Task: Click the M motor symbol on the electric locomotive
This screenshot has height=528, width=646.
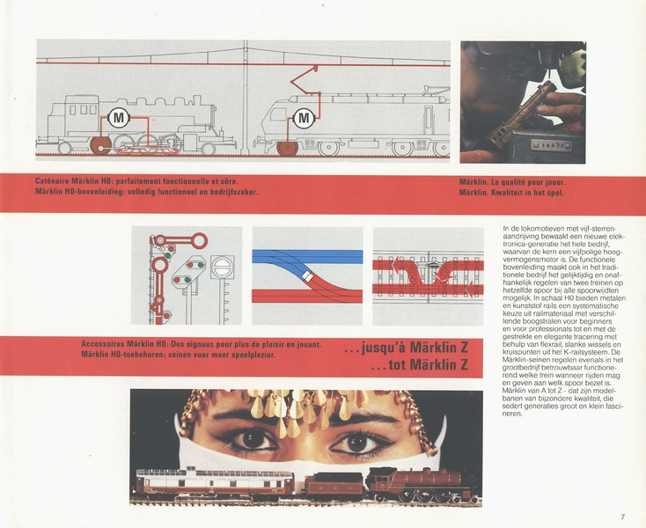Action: [x=305, y=117]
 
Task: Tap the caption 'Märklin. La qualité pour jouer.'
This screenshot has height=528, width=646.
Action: [x=511, y=183]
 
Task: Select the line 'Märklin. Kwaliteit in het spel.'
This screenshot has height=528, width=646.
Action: [x=511, y=193]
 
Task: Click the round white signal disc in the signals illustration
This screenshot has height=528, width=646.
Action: [x=223, y=262]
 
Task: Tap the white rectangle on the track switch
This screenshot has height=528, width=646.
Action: [x=307, y=275]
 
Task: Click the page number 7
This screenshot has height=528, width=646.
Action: [x=622, y=517]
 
